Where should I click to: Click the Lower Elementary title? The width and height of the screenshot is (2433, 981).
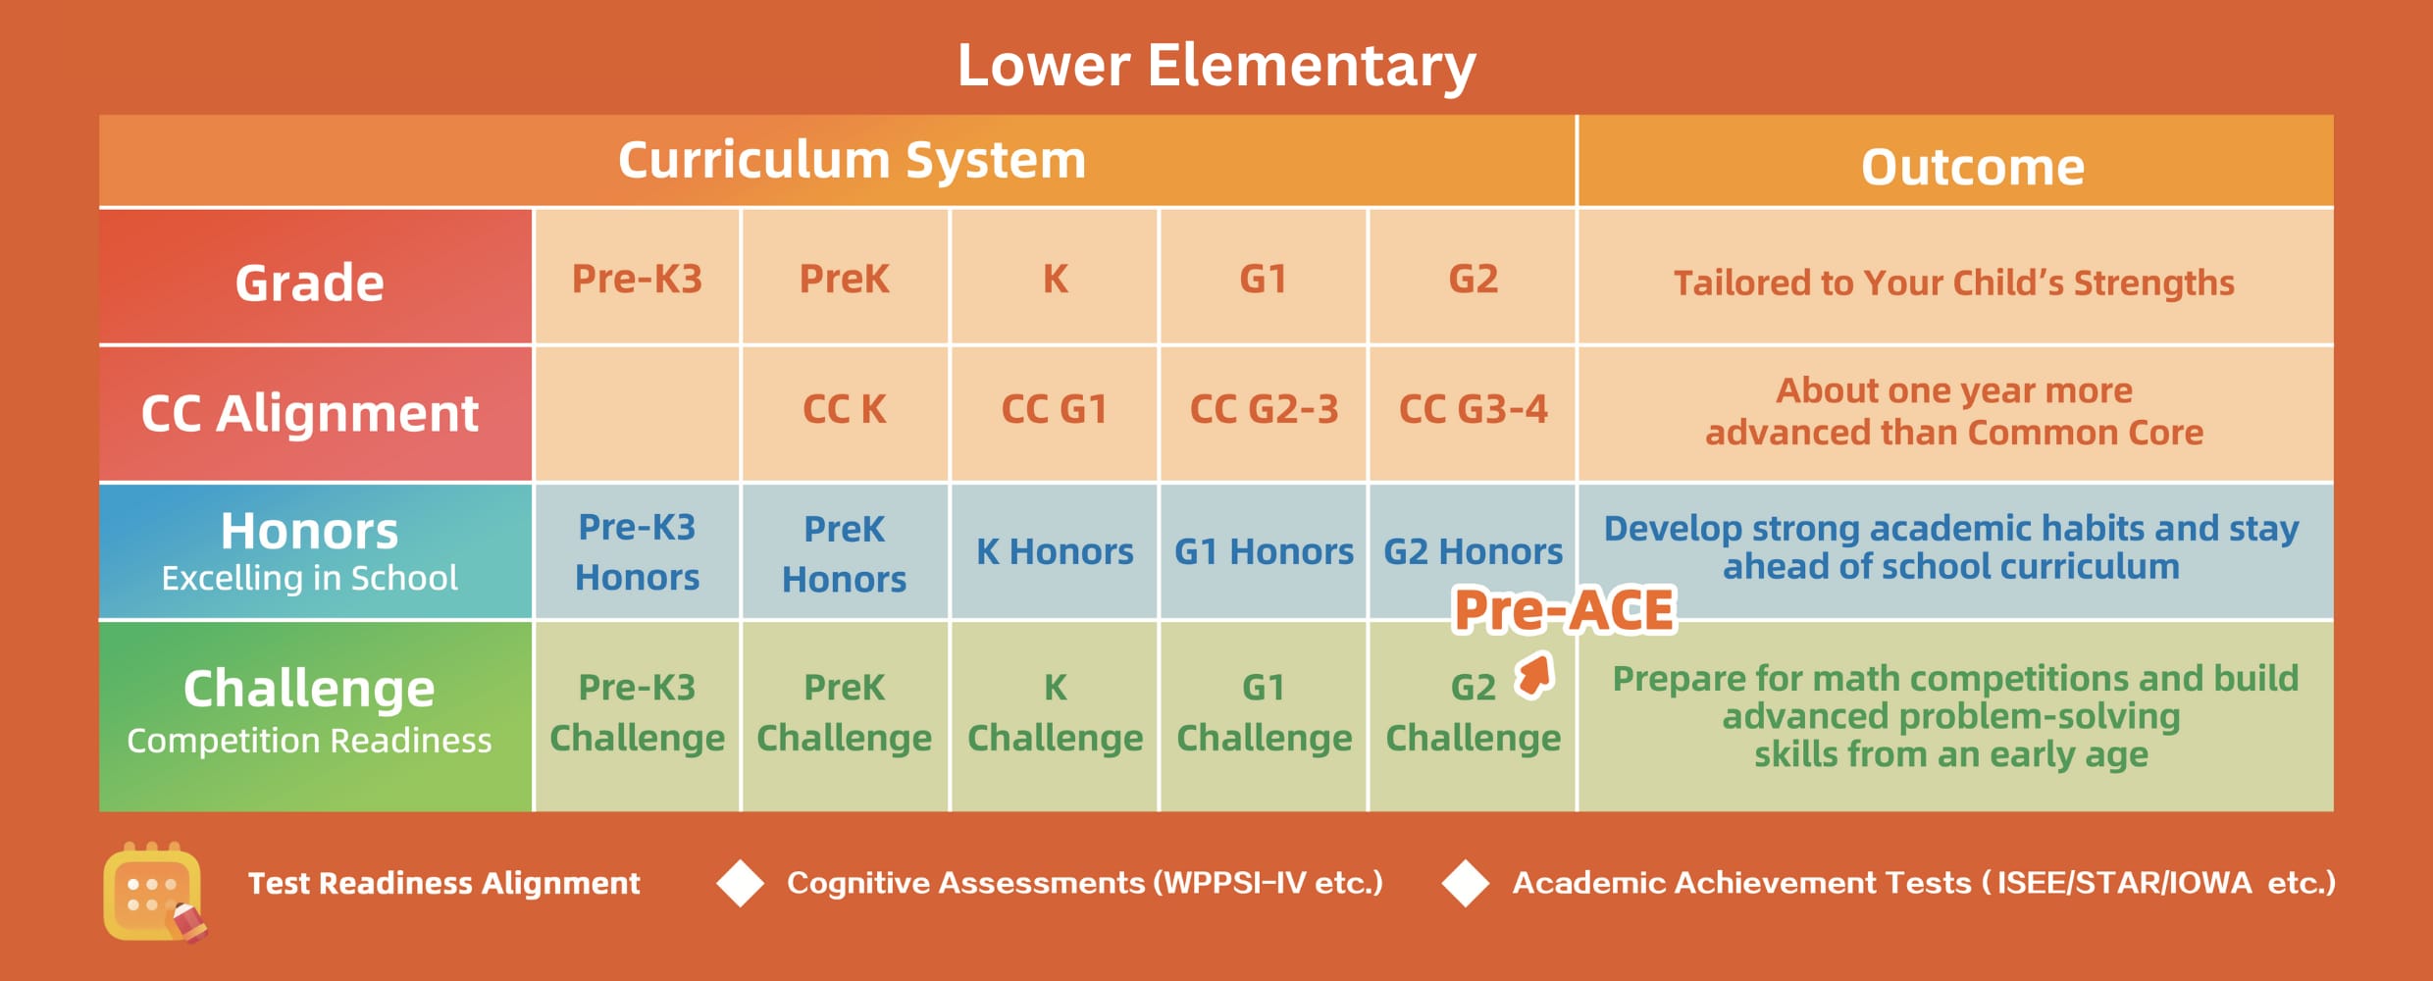[x=1216, y=66]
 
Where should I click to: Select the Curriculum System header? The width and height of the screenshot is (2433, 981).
[x=852, y=160]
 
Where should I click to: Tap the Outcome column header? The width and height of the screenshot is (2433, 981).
[x=1973, y=167]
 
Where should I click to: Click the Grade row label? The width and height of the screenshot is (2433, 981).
[x=309, y=283]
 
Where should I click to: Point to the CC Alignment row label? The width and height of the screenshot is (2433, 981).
[x=309, y=413]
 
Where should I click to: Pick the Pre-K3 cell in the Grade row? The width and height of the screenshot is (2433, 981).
[x=637, y=279]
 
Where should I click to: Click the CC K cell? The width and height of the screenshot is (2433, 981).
[x=844, y=409]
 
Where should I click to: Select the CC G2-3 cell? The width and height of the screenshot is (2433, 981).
[x=1264, y=409]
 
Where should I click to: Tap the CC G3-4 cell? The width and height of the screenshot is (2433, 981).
[x=1473, y=409]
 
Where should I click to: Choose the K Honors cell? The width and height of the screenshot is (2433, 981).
[x=1055, y=551]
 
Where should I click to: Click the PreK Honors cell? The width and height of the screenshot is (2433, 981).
[x=844, y=553]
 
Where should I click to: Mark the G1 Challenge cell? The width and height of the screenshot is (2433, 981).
[x=1264, y=712]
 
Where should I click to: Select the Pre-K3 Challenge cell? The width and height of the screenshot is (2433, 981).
[x=637, y=712]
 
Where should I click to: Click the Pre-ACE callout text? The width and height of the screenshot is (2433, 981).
[x=1564, y=610]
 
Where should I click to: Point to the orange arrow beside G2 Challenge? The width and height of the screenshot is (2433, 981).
[x=1533, y=675]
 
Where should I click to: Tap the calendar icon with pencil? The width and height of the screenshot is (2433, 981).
[x=155, y=892]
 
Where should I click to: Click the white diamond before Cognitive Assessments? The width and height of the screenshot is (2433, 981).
[x=740, y=883]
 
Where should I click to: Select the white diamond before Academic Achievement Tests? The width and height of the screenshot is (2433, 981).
[x=1466, y=883]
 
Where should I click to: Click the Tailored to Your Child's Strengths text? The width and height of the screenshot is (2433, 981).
[x=1953, y=283]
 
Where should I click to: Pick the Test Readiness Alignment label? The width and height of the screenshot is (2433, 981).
[x=443, y=883]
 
